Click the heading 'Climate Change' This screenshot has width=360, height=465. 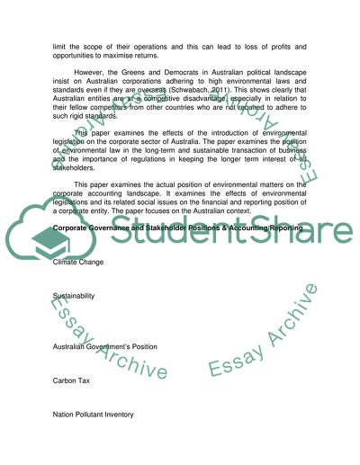pyautogui.click(x=78, y=263)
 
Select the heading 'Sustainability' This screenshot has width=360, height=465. pyautogui.click(x=75, y=295)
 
